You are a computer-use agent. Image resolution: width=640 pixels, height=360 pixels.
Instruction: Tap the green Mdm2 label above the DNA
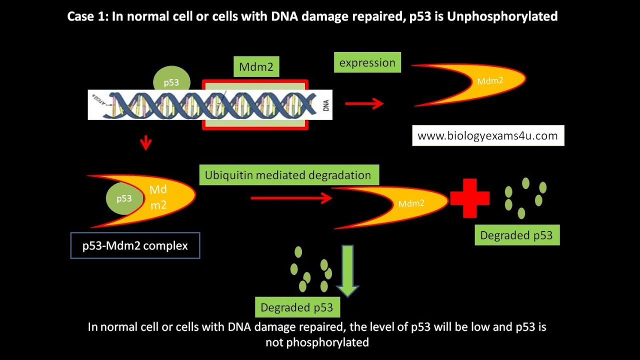coord(256,66)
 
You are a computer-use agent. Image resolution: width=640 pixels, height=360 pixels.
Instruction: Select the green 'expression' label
coord(367,63)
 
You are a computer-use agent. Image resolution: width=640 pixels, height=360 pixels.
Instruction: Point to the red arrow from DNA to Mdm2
coord(364,103)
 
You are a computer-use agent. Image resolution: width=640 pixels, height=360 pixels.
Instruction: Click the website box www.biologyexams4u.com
coord(488,135)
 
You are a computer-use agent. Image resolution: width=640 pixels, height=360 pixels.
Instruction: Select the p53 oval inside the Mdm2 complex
coord(124,198)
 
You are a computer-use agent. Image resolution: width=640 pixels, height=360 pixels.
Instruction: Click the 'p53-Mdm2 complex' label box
coord(135,245)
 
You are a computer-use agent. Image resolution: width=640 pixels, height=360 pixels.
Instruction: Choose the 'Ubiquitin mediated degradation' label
coord(288,175)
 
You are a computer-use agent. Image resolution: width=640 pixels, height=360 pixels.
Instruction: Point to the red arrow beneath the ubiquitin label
coord(291,198)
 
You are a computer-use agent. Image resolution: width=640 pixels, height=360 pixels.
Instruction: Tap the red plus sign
coord(469,198)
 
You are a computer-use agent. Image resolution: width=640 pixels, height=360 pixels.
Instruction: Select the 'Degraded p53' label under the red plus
coord(516,235)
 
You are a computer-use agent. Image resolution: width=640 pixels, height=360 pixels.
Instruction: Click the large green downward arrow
coord(347,270)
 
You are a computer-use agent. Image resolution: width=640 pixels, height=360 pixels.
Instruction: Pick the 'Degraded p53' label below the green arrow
coord(297,307)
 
